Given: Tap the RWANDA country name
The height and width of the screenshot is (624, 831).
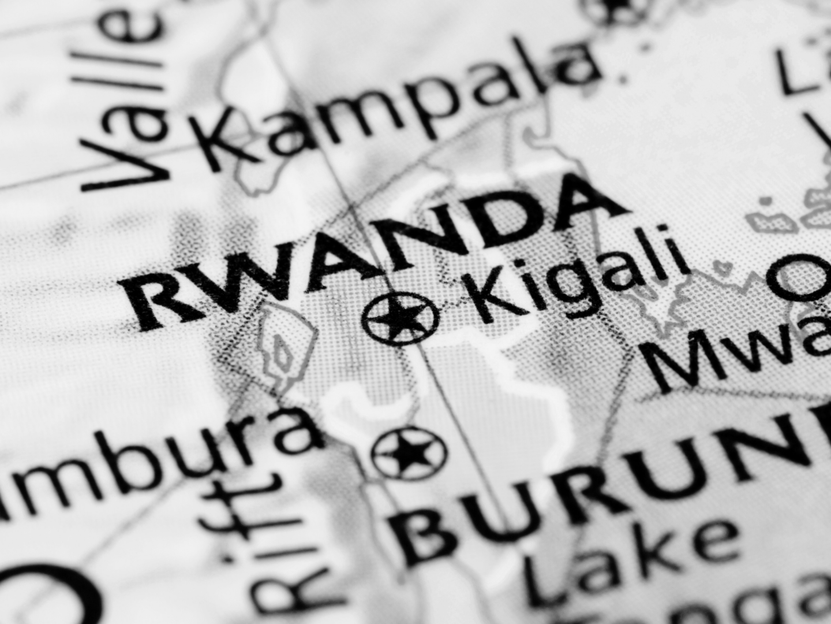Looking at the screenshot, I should (369, 254).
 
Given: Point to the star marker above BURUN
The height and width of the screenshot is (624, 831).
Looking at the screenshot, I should (409, 452).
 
